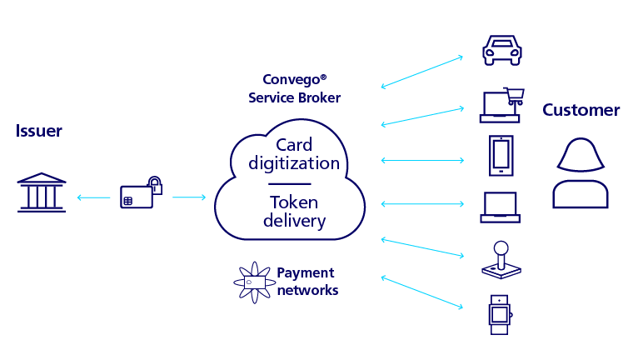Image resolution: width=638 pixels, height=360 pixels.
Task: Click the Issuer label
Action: coord(38,132)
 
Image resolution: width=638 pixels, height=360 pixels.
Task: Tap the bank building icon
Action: coord(42,192)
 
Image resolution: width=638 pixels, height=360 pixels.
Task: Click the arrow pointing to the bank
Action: coord(93,197)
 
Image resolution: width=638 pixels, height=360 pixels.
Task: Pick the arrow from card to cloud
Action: coord(188,197)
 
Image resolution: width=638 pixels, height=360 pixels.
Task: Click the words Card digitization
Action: coord(294,154)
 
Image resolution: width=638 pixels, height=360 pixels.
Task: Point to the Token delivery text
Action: coord(294,212)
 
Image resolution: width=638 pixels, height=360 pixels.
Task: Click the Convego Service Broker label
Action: coord(294,89)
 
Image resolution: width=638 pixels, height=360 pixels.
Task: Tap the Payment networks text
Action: coord(307,282)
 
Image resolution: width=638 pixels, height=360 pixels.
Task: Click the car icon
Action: coord(502,50)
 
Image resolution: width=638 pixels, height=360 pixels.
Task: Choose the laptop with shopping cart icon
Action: coord(501,106)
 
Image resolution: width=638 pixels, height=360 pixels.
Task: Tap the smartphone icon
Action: coord(501,156)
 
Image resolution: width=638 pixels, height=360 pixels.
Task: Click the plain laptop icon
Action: coord(501,207)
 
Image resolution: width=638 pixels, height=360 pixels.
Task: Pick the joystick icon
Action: coord(501,260)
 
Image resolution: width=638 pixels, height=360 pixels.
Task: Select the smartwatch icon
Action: coord(499,314)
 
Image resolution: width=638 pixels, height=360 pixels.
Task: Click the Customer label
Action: coord(581,111)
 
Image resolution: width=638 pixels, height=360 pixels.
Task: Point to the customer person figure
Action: coord(581,174)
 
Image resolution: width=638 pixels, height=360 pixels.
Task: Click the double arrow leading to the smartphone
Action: coord(422,160)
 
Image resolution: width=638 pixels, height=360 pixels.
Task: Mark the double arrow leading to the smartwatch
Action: coord(422,292)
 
